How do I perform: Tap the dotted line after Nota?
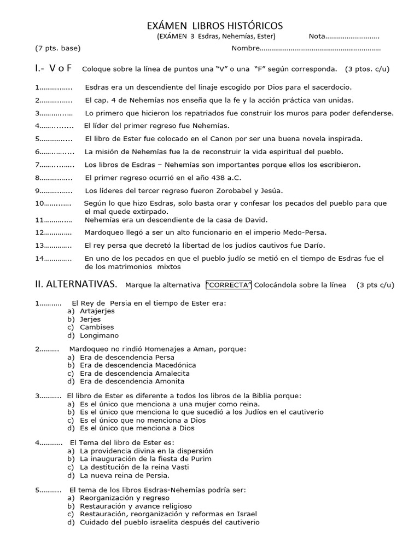352,37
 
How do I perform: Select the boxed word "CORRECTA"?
229,285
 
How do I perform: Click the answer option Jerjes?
90,319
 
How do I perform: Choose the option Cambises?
97,327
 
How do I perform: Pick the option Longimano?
99,335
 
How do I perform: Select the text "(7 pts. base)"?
58,48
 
